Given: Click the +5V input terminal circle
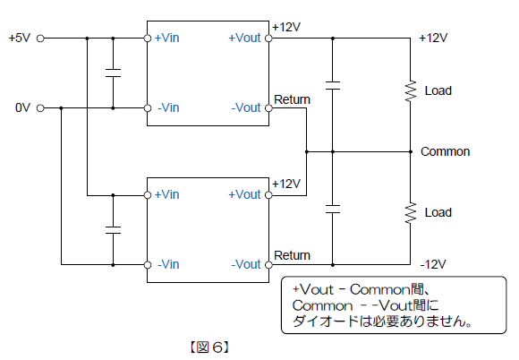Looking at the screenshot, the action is coord(40,39).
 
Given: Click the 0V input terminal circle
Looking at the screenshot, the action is coord(40,108).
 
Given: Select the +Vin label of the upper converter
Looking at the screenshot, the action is coord(166,38).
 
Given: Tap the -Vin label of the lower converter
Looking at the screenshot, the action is coord(168,264).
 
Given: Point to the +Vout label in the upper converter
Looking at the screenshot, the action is coord(244,38).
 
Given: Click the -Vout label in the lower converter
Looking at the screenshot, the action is coord(246,264).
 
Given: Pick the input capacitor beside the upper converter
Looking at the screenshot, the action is coord(113,73).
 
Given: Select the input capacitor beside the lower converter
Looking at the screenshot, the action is coord(113,230).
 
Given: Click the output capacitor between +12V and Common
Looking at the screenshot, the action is coord(333,85).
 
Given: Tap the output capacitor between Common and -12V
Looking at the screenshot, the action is coord(333,210).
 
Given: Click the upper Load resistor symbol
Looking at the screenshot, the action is coord(411,91).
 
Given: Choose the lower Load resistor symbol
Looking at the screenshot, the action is coord(411,213).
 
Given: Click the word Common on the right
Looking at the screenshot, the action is coord(446,151).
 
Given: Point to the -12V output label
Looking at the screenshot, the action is coord(433,264).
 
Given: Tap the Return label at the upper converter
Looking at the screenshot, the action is coord(292,99).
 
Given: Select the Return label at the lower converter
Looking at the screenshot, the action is coord(292,255).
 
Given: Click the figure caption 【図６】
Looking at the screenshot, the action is coord(209,347).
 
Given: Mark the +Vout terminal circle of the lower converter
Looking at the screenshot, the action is coord(268,195).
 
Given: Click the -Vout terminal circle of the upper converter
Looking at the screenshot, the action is coord(268,108).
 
